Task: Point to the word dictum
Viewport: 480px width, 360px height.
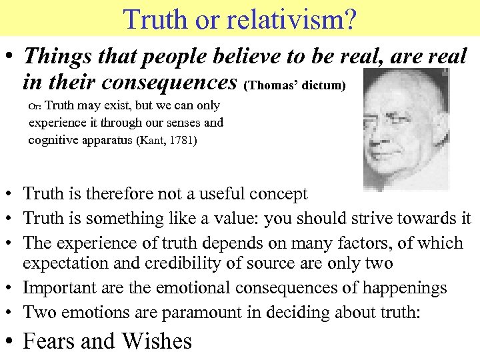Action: click(x=323, y=85)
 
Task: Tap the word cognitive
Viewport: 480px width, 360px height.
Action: click(x=53, y=140)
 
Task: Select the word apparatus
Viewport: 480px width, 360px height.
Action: click(x=110, y=140)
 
